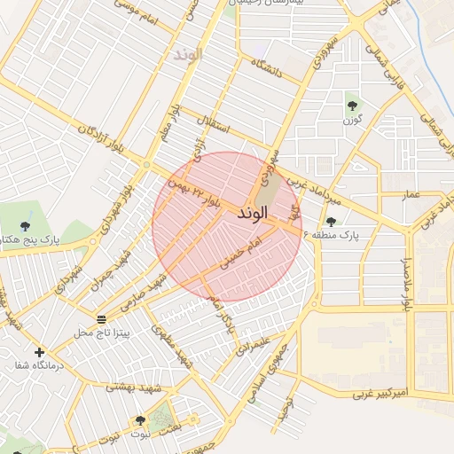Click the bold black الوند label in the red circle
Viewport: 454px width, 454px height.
tap(253, 215)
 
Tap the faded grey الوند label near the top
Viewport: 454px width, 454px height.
tap(188, 54)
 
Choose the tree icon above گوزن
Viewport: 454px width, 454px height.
tap(352, 100)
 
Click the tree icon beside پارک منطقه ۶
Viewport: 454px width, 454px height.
tap(331, 223)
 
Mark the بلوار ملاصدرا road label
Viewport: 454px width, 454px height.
tap(407, 285)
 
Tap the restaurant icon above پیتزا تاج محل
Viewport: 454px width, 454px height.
tap(102, 317)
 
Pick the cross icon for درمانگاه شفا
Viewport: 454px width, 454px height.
tap(39, 353)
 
